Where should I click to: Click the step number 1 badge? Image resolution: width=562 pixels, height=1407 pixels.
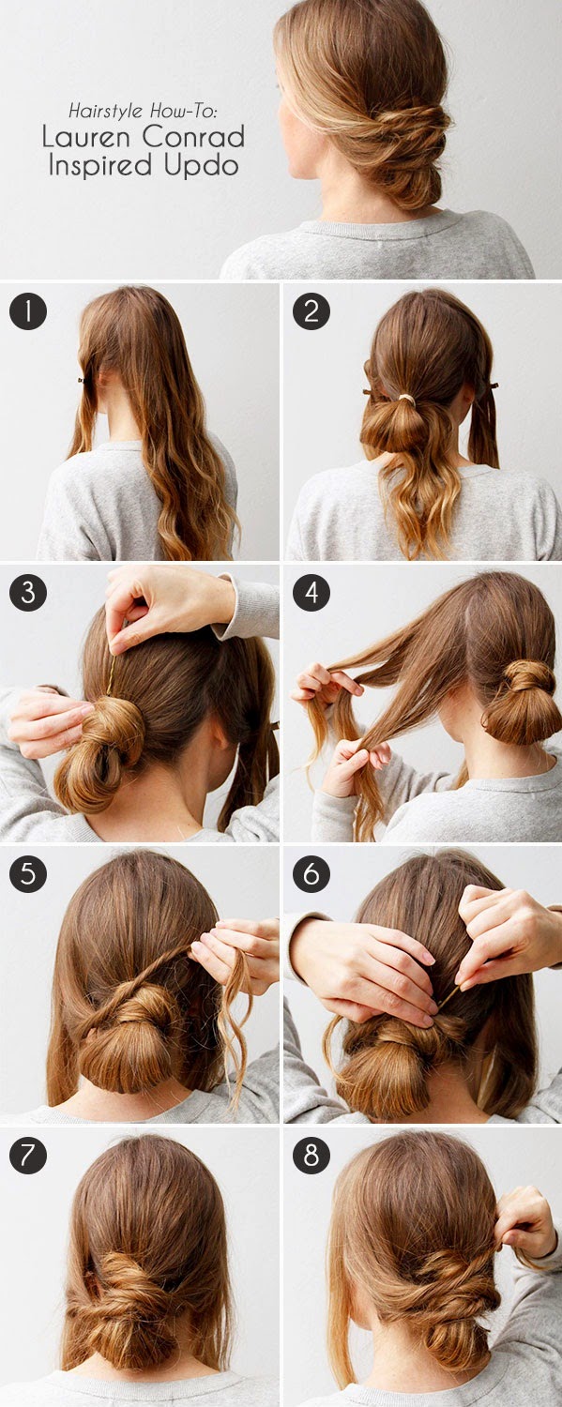27,311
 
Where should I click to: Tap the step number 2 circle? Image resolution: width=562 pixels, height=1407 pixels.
311,311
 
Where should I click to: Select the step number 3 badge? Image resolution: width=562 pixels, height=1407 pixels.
27,592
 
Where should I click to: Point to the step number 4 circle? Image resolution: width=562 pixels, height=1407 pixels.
311,592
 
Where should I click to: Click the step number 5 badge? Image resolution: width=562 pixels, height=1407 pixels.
27,873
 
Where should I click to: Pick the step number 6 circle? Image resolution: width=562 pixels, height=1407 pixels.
311,873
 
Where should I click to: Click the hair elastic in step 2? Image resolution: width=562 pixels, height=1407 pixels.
407,399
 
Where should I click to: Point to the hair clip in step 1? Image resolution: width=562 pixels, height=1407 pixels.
82,380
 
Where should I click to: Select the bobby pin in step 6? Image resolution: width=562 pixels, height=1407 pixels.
448,997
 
